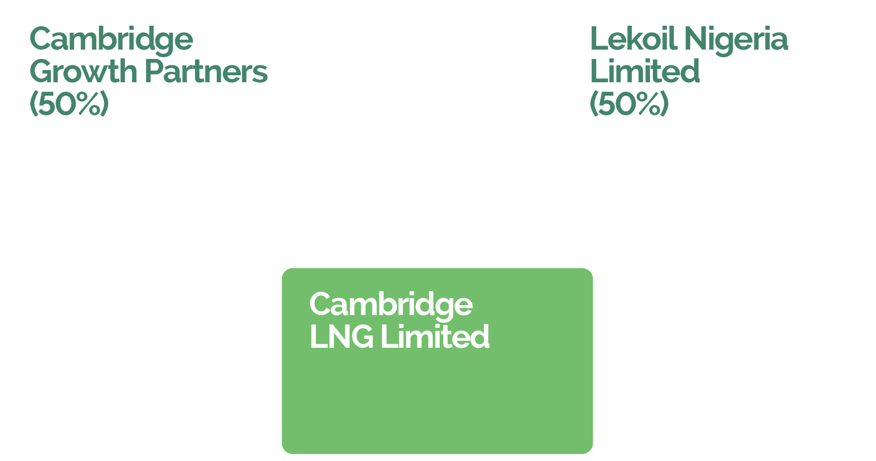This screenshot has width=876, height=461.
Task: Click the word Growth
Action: [x=83, y=72]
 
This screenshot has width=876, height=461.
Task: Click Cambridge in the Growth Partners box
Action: [x=111, y=40]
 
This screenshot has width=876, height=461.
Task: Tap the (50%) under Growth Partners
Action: [x=69, y=104]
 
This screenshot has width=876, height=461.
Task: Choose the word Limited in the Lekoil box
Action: [x=645, y=72]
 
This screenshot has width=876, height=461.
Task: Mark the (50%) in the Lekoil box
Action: [x=629, y=104]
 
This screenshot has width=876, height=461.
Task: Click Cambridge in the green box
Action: [x=391, y=305]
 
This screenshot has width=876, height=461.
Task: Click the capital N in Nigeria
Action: [x=695, y=39]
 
